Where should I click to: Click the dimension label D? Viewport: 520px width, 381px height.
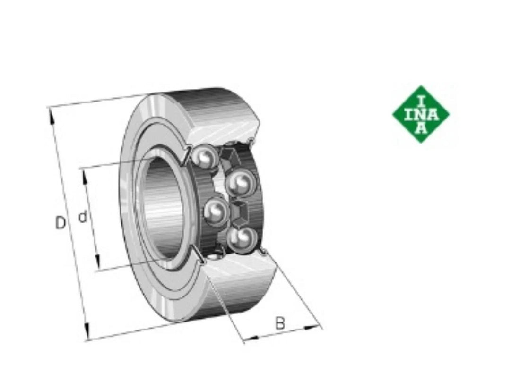(60, 222)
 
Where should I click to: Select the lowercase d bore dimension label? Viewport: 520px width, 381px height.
(82, 217)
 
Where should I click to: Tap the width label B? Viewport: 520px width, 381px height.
(280, 323)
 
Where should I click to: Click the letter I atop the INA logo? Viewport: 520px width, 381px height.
(421, 101)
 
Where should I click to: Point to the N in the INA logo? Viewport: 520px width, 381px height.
(421, 115)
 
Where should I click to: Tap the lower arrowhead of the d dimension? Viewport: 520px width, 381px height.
(97, 262)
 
